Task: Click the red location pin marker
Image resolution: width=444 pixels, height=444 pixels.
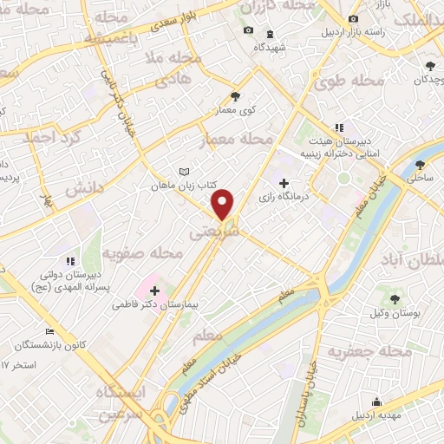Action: pyautogui.click(x=223, y=204)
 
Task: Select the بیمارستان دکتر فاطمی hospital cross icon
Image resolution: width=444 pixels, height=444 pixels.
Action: pyautogui.click(x=154, y=291)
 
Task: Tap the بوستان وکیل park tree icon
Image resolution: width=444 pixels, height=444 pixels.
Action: pyautogui.click(x=395, y=299)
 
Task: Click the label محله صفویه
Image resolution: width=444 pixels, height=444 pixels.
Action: pyautogui.click(x=143, y=254)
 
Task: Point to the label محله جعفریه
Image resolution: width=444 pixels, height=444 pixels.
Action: pyautogui.click(x=369, y=351)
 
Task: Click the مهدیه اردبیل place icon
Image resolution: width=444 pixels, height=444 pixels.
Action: pyautogui.click(x=376, y=402)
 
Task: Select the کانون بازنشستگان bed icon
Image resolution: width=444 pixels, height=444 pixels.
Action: pyautogui.click(x=50, y=331)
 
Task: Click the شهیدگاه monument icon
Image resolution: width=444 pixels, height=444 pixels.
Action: pyautogui.click(x=269, y=33)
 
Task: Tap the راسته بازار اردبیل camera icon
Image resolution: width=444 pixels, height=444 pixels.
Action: pyautogui.click(x=352, y=19)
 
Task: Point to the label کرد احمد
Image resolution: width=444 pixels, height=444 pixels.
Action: pyautogui.click(x=51, y=137)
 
